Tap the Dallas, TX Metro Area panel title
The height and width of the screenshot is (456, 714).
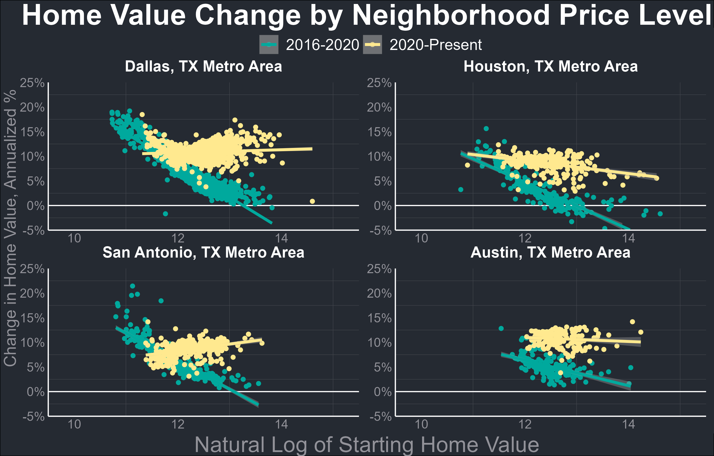[203, 66]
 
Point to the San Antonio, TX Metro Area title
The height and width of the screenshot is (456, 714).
[203, 253]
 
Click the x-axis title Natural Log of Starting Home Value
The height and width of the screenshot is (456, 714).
[367, 445]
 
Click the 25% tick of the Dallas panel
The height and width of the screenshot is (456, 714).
[32, 83]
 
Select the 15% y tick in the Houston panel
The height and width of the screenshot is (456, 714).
[379, 132]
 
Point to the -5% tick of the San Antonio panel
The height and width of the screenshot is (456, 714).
[33, 417]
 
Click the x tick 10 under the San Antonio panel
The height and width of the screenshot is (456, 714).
[74, 424]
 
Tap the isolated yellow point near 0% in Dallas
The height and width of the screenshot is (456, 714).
[312, 201]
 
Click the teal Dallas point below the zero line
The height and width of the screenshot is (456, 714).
[166, 214]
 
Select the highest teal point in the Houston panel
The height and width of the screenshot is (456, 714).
[486, 129]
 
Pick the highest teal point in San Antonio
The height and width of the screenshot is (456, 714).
[133, 286]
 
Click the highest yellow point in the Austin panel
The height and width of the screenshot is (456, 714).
[632, 322]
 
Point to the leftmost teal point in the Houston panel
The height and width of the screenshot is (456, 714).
[460, 190]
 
